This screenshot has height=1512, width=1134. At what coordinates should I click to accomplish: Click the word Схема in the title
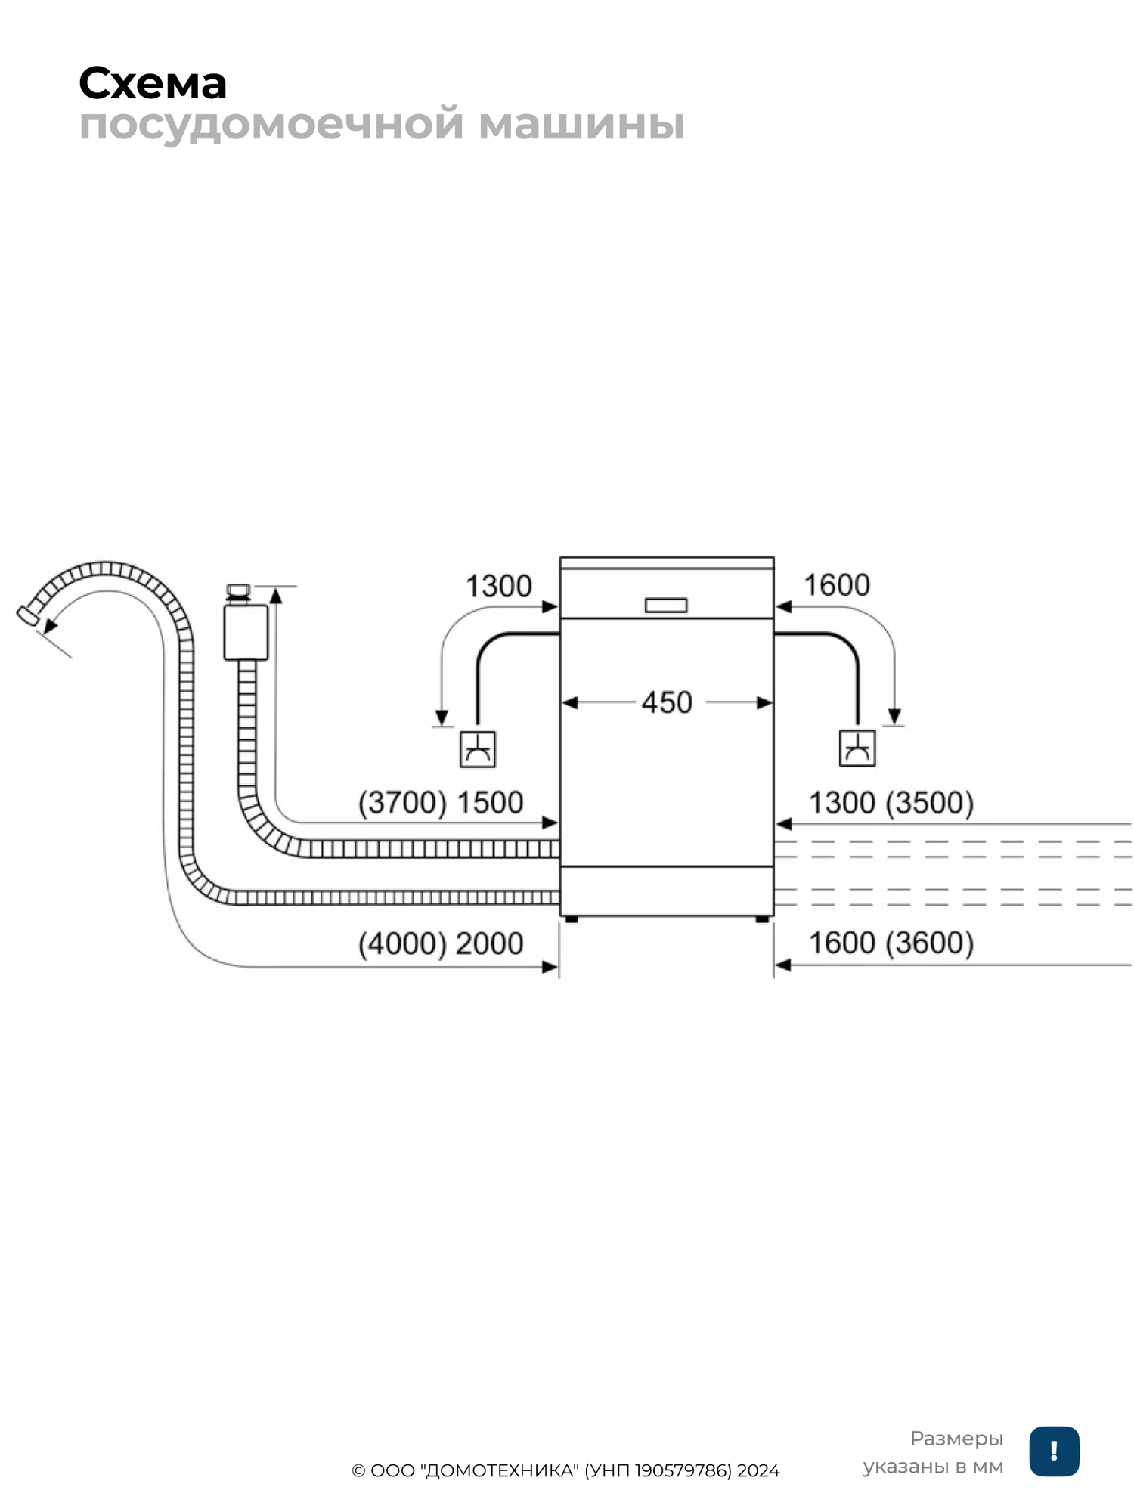[153, 83]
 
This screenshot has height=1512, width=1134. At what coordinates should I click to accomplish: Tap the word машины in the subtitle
[581, 124]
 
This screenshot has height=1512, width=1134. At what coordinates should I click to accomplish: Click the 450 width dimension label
[667, 702]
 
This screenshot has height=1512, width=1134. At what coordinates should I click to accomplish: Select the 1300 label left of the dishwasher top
[498, 586]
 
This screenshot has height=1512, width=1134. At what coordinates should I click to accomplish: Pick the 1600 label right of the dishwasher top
[836, 585]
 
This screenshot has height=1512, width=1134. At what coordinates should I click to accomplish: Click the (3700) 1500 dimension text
[441, 802]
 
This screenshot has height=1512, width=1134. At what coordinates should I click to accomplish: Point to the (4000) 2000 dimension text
[441, 943]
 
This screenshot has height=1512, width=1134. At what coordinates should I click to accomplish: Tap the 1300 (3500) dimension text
[891, 802]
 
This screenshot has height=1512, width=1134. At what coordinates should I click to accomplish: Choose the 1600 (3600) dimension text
[891, 943]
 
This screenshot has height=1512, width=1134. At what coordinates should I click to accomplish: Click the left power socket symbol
[478, 749]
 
